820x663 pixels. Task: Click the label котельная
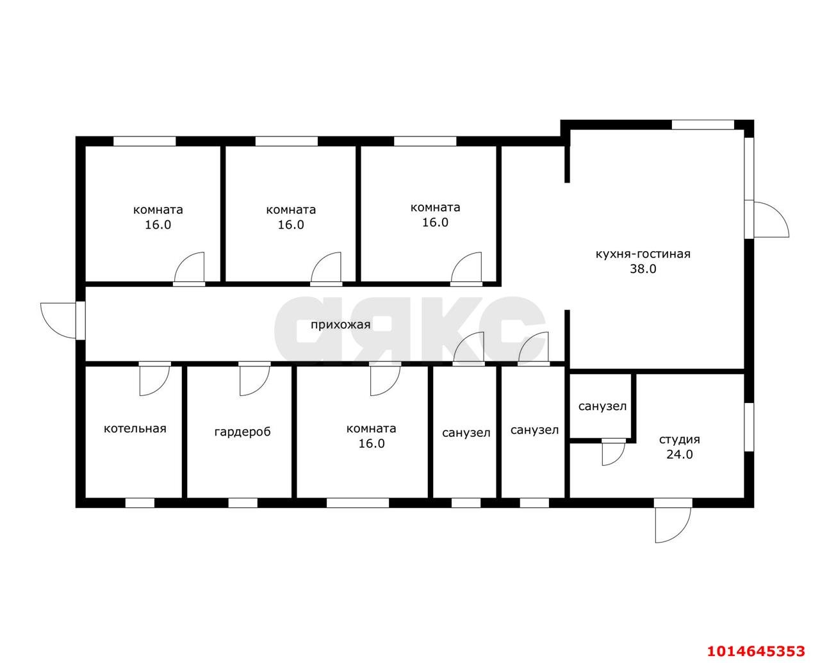(x=135, y=429)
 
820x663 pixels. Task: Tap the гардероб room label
(x=242, y=432)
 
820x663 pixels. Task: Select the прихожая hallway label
(x=340, y=325)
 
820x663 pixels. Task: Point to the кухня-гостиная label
(x=643, y=254)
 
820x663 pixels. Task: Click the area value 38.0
(x=643, y=269)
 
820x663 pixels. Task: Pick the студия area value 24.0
(x=680, y=454)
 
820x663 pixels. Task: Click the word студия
(x=680, y=439)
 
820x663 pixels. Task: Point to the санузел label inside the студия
(x=602, y=406)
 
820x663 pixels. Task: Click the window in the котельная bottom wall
(x=140, y=503)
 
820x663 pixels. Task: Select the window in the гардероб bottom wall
(x=243, y=503)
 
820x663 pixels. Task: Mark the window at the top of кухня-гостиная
(x=703, y=125)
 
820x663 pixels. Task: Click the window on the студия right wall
(x=749, y=427)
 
